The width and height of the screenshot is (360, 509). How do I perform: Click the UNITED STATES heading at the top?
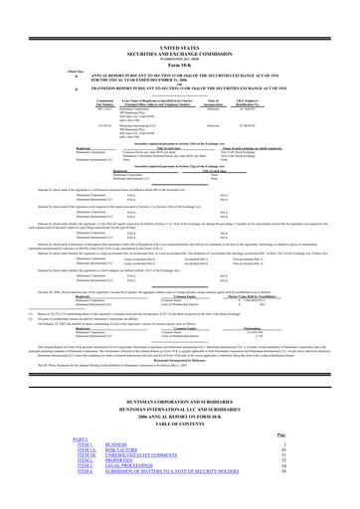point(180,5)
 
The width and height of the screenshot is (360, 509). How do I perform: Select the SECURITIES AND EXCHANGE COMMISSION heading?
point(180,11)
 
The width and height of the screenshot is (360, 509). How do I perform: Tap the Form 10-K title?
point(180,25)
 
